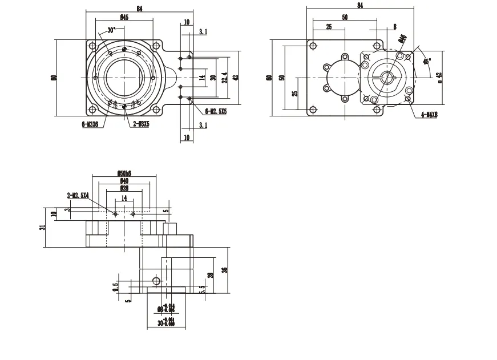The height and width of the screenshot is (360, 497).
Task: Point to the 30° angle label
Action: coord(111,29)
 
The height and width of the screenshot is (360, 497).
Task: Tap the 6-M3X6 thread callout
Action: coord(90,123)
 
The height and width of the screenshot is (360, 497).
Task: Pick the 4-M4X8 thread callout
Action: coord(428,115)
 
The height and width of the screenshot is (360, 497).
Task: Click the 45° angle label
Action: coord(426,60)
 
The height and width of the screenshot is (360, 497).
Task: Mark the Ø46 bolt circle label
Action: coord(403,38)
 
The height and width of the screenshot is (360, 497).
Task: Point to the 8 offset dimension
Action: coord(394,26)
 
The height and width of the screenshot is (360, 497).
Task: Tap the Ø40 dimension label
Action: coord(123,180)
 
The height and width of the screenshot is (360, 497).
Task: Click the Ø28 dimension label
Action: coord(123,188)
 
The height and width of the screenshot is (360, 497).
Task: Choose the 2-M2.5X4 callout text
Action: coord(78,196)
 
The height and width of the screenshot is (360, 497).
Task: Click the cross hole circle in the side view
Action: coord(156,281)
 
